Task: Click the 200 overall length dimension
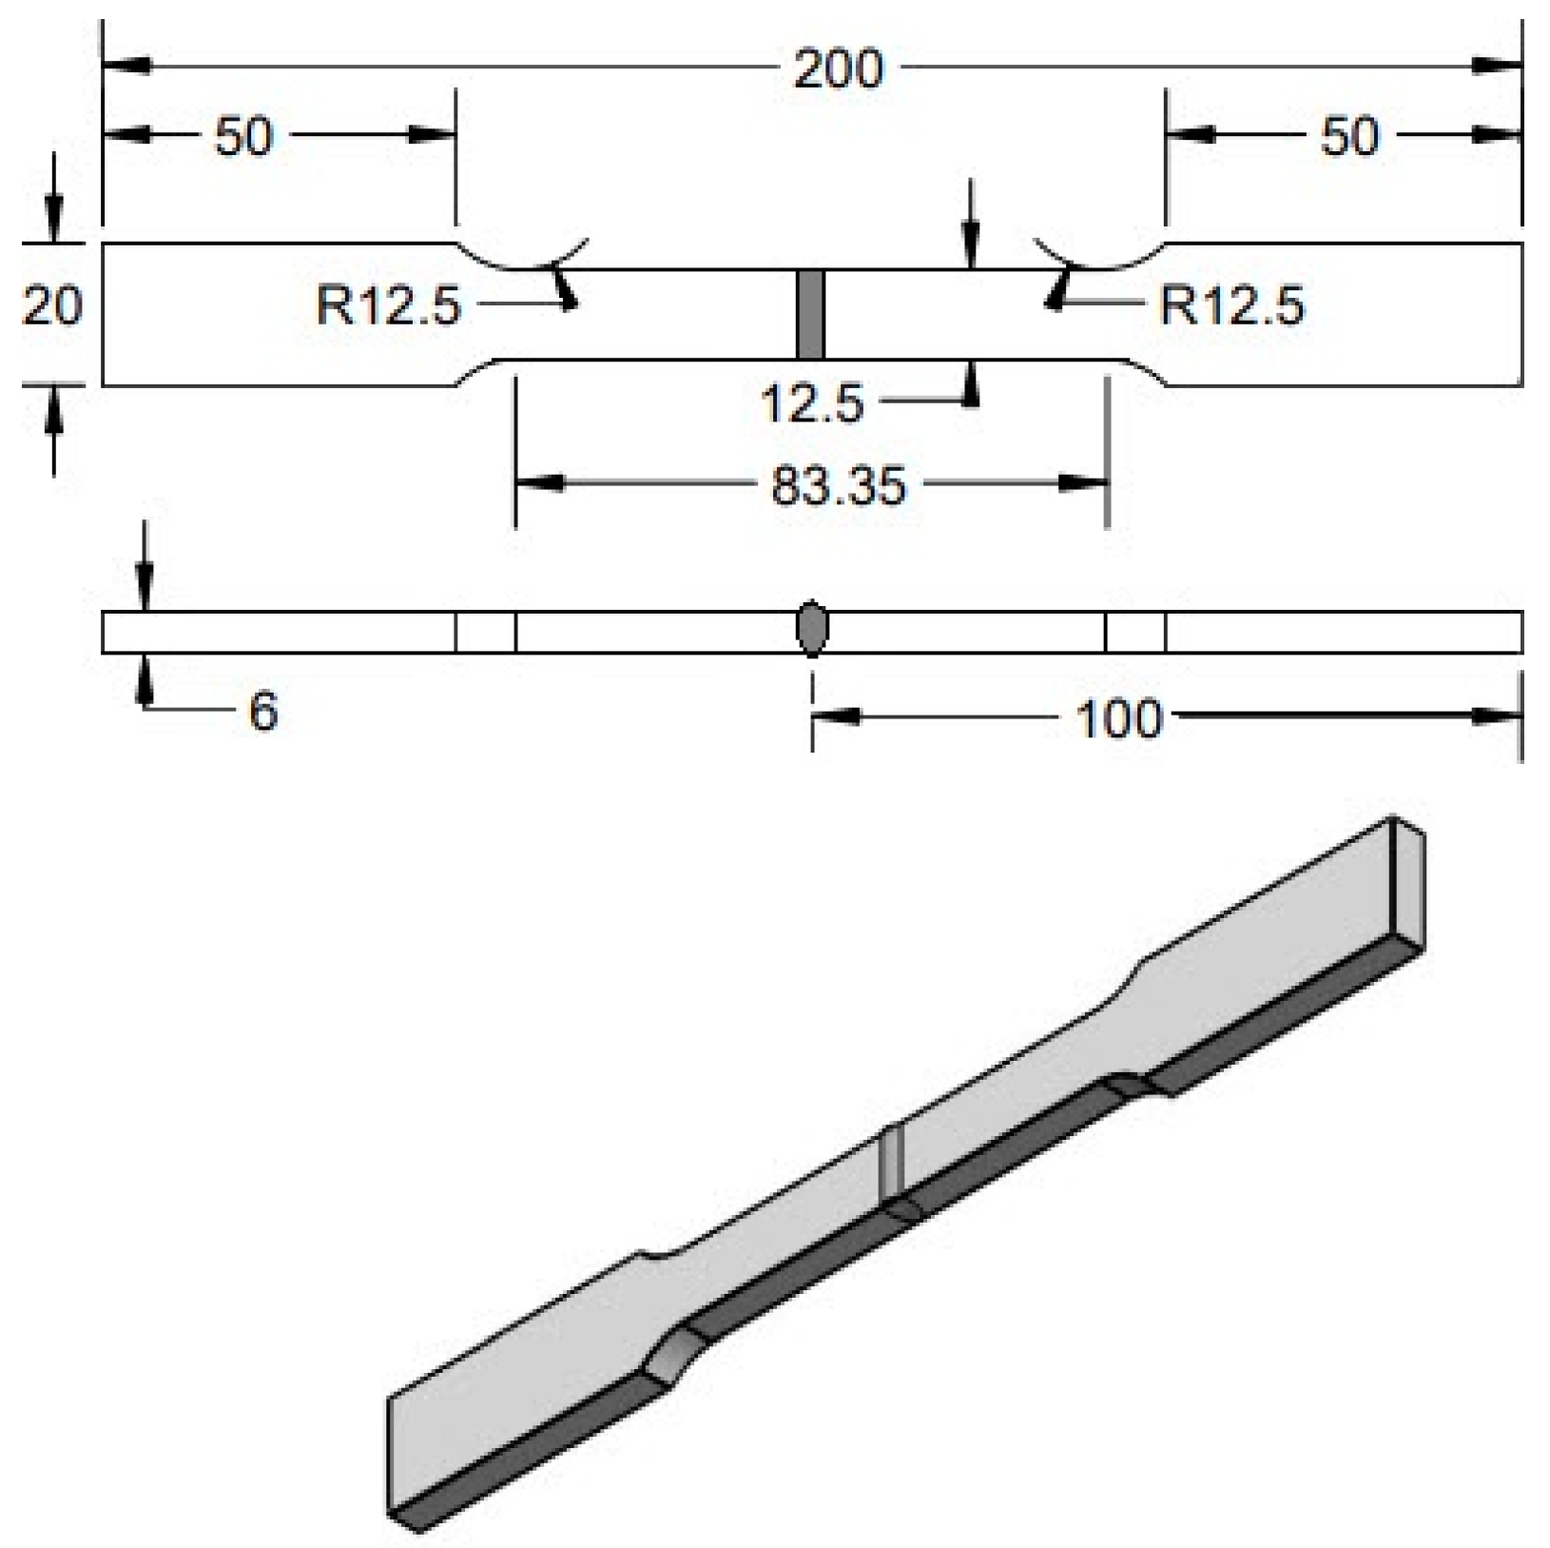click(838, 69)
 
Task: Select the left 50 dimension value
click(243, 135)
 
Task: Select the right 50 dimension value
click(1348, 136)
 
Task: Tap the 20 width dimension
click(52, 306)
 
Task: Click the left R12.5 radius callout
click(388, 306)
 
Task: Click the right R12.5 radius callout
click(1232, 306)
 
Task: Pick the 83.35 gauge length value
click(838, 485)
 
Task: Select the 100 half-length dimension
click(1118, 718)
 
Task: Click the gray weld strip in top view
click(810, 314)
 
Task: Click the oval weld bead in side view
click(811, 629)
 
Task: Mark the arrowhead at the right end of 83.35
click(1085, 484)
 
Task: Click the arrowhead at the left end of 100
click(837, 717)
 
